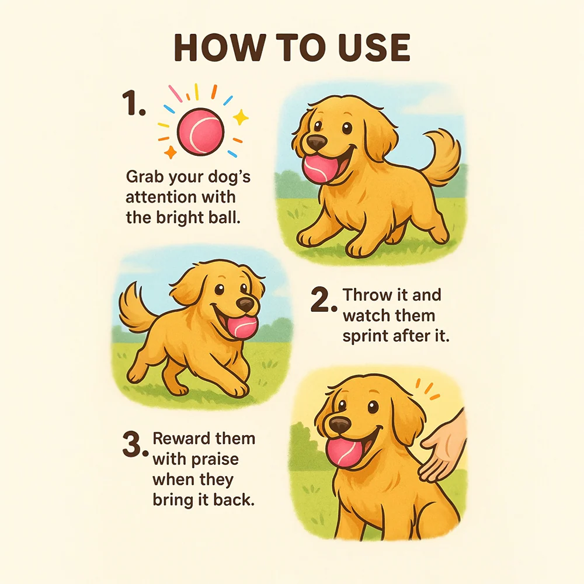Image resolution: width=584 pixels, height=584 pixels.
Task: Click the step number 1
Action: (x=133, y=103)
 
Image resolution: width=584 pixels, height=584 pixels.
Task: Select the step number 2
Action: (x=324, y=300)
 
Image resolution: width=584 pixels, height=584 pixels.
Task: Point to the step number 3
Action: (x=135, y=444)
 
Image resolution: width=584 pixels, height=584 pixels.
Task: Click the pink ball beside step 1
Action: (x=201, y=131)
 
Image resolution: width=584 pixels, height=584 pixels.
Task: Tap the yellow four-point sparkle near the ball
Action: (x=241, y=117)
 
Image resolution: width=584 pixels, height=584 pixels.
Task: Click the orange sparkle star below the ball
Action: (x=171, y=152)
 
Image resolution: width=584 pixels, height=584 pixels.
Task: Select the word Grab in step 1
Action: (x=145, y=177)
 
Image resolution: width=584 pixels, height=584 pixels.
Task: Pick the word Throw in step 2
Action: (x=369, y=295)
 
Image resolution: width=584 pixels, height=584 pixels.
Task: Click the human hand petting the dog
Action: (x=444, y=447)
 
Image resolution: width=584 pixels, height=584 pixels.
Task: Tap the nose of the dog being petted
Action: (x=340, y=425)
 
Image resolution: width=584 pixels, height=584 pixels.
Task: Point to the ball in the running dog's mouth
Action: (x=242, y=328)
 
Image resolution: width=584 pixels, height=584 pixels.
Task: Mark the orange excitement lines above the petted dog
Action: (x=428, y=390)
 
